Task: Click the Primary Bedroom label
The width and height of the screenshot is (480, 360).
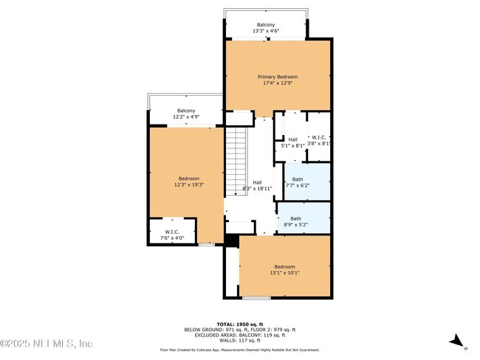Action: pyautogui.click(x=277, y=77)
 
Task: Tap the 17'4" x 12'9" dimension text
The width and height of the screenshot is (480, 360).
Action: pyautogui.click(x=277, y=83)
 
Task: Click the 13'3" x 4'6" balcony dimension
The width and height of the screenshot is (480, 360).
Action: pyautogui.click(x=265, y=31)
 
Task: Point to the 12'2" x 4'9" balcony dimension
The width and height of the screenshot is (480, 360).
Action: pyautogui.click(x=186, y=117)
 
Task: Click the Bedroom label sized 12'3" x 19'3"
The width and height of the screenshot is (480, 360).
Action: pyautogui.click(x=188, y=178)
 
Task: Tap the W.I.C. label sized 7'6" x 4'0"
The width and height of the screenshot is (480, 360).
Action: pyautogui.click(x=171, y=232)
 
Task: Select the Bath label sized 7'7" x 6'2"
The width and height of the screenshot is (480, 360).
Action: pyautogui.click(x=297, y=179)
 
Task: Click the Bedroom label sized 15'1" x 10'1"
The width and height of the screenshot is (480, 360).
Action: pyautogui.click(x=284, y=266)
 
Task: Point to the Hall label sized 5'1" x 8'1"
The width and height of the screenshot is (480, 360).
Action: pyautogui.click(x=292, y=139)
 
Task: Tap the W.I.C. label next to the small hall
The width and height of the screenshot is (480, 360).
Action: pyautogui.click(x=318, y=137)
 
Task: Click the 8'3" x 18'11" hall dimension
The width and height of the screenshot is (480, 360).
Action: pyautogui.click(x=257, y=189)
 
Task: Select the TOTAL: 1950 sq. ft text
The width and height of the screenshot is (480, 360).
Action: pyautogui.click(x=239, y=323)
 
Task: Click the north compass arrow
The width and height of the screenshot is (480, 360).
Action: pyautogui.click(x=457, y=341)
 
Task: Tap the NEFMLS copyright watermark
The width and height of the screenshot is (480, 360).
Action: pyautogui.click(x=46, y=344)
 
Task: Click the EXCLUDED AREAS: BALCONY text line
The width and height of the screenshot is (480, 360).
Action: pyautogui.click(x=239, y=334)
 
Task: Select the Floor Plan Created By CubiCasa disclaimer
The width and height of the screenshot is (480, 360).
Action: pyautogui.click(x=239, y=350)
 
